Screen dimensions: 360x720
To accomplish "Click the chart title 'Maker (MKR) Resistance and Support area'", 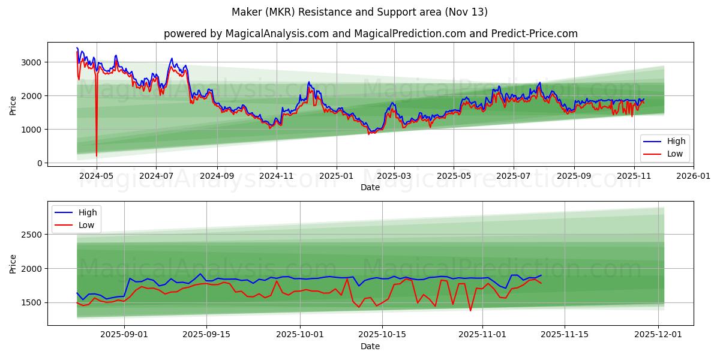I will pyautogui.click(x=359, y=12).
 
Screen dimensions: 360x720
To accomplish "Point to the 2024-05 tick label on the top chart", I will pyautogui.click(x=97, y=176).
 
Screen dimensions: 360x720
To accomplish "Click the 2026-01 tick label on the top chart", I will pyautogui.click(x=693, y=176).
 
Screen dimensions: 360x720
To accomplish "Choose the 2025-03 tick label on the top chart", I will pyautogui.click(x=394, y=176).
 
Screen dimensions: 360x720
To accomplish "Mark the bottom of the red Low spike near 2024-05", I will pyautogui.click(x=97, y=156).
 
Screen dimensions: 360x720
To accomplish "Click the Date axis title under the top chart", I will pyautogui.click(x=370, y=187).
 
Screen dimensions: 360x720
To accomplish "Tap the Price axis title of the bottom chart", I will pyautogui.click(x=13, y=263).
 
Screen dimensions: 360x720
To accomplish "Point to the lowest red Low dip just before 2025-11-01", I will pyautogui.click(x=470, y=310).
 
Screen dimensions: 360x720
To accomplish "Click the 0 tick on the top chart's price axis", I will pyautogui.click(x=39, y=163).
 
